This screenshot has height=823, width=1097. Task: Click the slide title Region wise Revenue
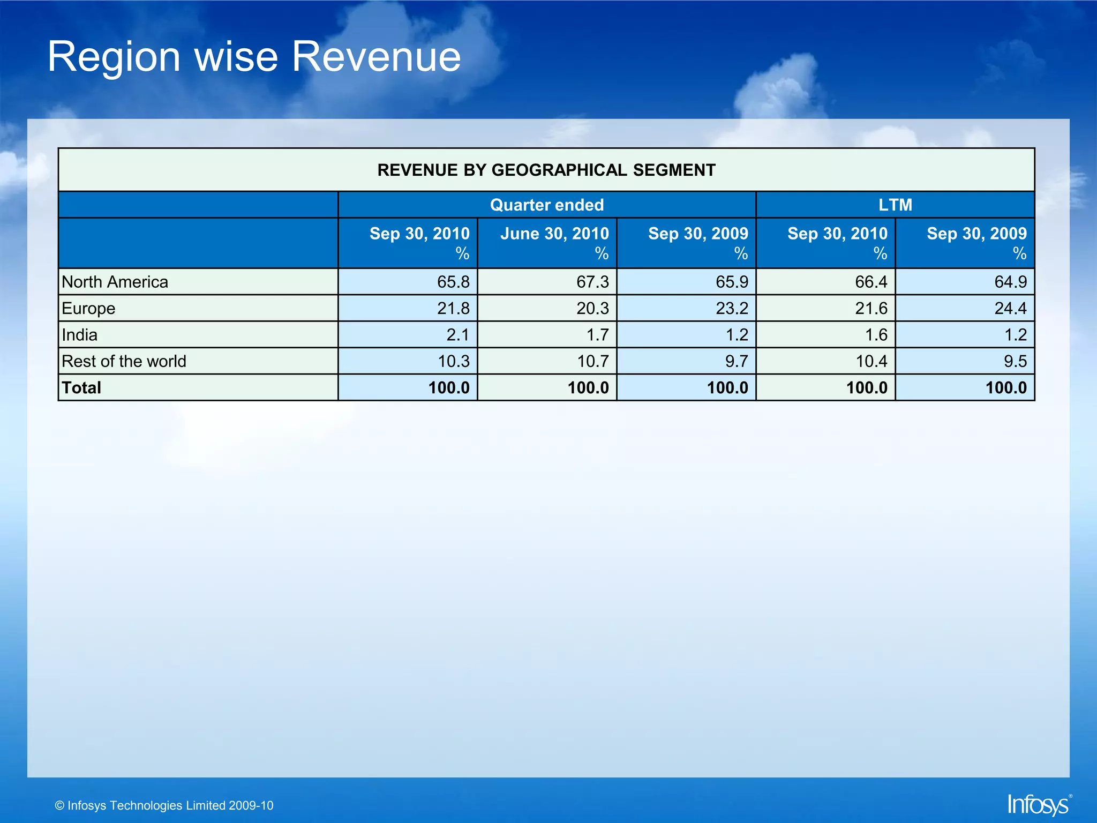(254, 57)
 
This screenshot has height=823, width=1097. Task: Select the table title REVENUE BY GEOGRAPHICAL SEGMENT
(546, 170)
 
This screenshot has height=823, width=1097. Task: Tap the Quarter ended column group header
(546, 205)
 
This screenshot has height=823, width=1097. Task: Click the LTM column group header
(895, 205)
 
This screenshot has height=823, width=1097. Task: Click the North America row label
(115, 282)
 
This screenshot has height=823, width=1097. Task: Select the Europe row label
(88, 309)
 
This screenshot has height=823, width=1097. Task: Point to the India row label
(79, 335)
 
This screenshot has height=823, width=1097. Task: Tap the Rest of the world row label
(124, 361)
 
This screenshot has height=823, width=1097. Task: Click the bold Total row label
(81, 387)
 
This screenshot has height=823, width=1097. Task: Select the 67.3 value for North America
(592, 282)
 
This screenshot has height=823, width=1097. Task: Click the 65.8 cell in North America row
(453, 282)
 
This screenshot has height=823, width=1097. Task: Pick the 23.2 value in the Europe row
(731, 309)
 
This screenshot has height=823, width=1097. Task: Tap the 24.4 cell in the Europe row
(1010, 309)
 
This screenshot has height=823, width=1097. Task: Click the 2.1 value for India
(457, 335)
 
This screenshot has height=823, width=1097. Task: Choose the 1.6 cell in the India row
(876, 335)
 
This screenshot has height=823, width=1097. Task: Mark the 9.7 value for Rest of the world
(736, 361)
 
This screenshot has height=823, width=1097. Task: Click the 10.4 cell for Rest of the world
(871, 361)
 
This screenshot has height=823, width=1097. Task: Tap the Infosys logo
(1039, 804)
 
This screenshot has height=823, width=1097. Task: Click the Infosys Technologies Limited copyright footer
(164, 805)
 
